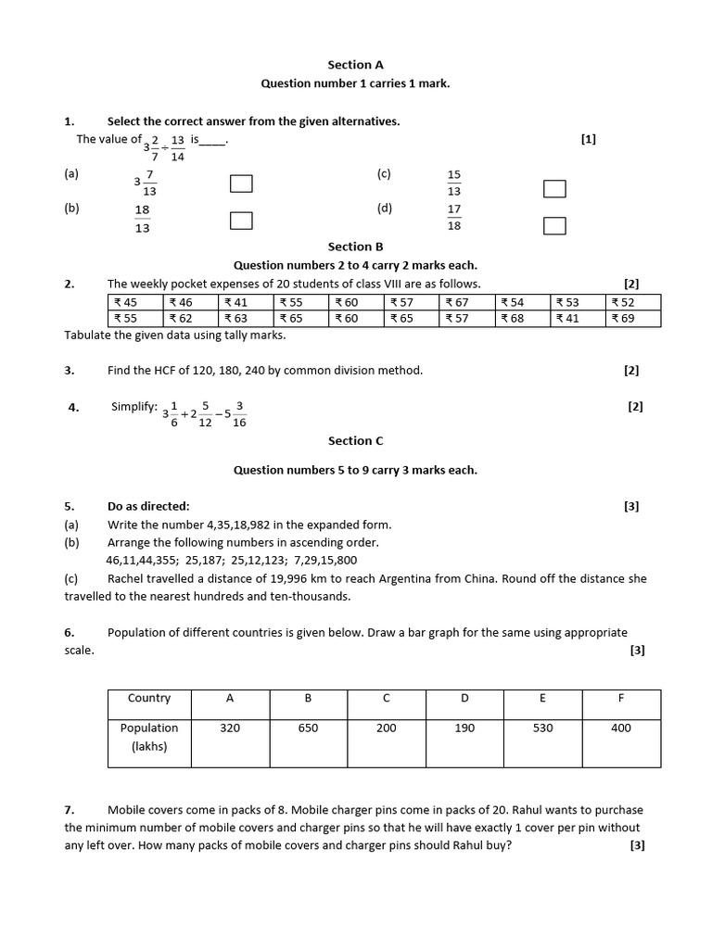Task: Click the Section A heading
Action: [x=355, y=65]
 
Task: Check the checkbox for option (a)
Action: [x=241, y=183]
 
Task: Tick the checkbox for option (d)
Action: [x=554, y=226]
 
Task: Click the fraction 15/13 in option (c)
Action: [x=453, y=183]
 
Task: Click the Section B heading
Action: [x=355, y=247]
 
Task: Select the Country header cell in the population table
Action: [x=149, y=699]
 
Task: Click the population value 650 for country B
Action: [x=308, y=728]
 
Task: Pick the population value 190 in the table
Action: [x=464, y=728]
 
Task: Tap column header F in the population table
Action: [x=621, y=699]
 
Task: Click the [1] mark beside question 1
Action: [x=588, y=139]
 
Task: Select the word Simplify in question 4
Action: [x=134, y=406]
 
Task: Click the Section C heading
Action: [x=355, y=441]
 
